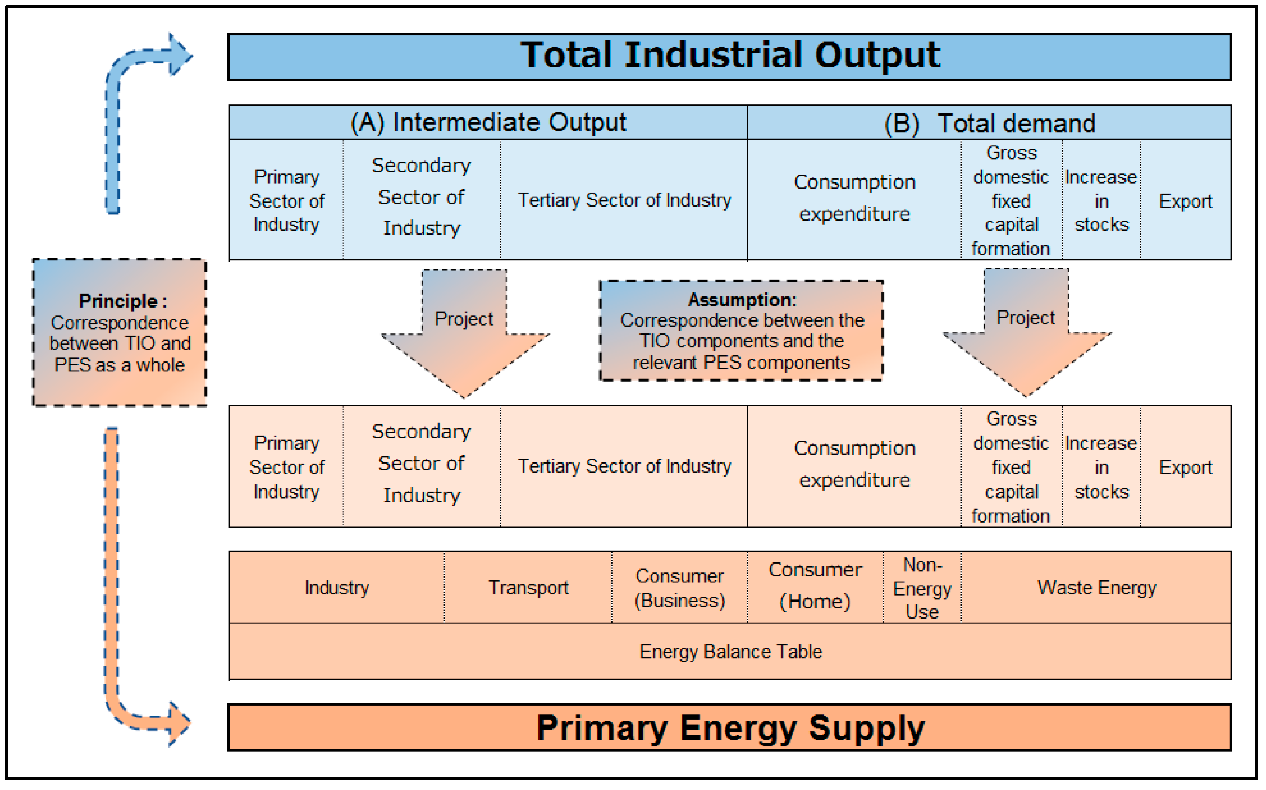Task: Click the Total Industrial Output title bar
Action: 730,56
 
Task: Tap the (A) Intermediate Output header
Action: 488,122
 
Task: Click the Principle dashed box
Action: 120,332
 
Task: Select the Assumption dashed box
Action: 741,331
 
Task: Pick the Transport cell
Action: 528,588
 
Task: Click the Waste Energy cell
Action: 1096,588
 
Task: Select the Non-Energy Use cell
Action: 922,588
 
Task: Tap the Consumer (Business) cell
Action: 679,588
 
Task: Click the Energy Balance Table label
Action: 730,652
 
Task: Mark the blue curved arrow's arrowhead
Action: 180,55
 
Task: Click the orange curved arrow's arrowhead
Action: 179,724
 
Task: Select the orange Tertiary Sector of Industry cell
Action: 624,466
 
